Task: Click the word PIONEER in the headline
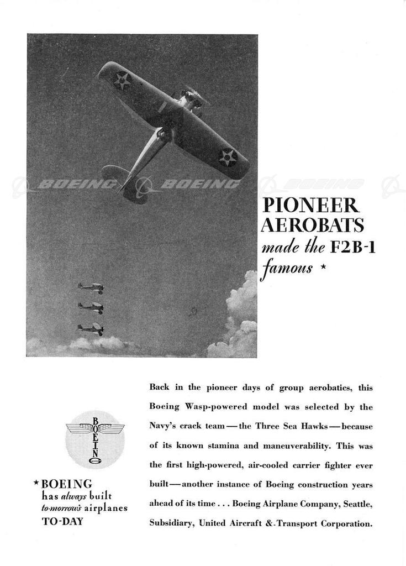310,205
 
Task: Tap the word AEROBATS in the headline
312,226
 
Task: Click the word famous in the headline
286,270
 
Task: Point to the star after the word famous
323,269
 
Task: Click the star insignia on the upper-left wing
122,81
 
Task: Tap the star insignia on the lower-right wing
227,158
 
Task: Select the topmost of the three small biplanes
91,287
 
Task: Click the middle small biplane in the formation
91,307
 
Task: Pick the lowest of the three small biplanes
91,329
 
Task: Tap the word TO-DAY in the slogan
63,521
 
